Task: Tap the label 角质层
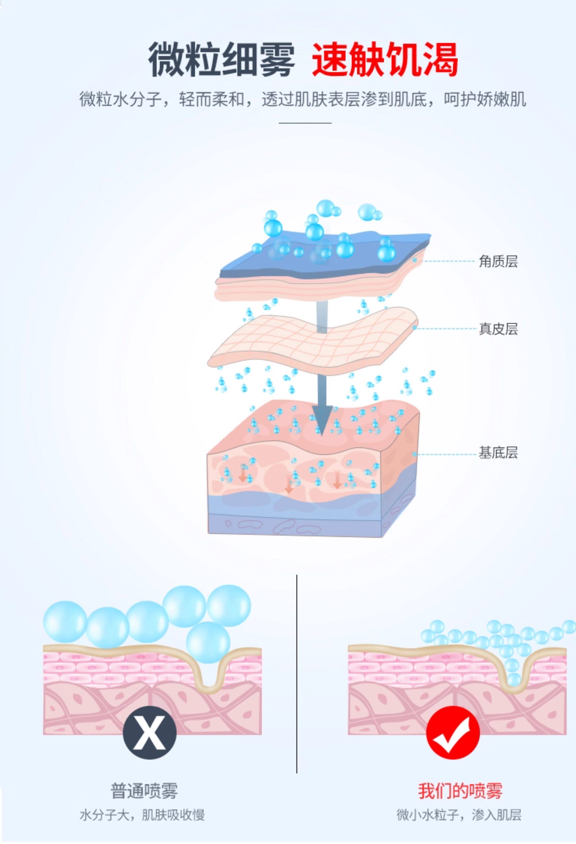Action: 498,261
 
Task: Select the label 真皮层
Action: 498,329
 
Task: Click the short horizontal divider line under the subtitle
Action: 305,123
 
